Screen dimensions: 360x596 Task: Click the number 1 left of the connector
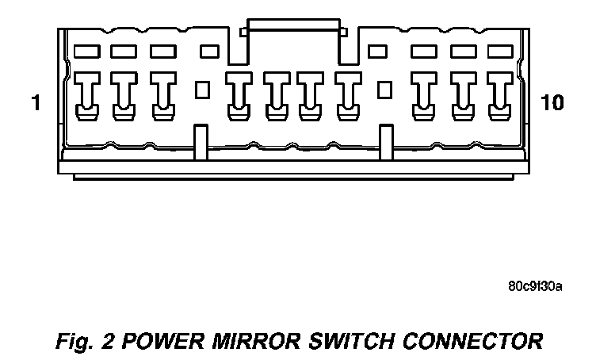point(35,102)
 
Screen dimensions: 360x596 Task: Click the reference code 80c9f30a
point(535,286)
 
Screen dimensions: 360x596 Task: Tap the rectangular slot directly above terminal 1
point(86,52)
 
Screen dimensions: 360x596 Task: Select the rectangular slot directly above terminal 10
point(499,52)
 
